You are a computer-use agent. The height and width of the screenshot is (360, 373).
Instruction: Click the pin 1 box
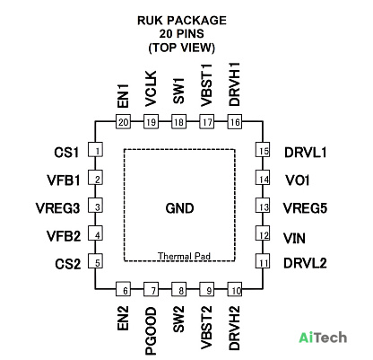pyautogui.click(x=95, y=150)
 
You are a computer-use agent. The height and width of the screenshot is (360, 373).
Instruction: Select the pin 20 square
pyautogui.click(x=124, y=121)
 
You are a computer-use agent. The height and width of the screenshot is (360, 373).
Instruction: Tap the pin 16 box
pyautogui.click(x=235, y=121)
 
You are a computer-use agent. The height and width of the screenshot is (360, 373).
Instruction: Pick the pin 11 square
pyautogui.click(x=263, y=261)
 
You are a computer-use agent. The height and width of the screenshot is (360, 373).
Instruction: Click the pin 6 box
pyautogui.click(x=124, y=289)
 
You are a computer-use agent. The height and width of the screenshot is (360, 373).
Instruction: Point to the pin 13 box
pyautogui.click(x=263, y=206)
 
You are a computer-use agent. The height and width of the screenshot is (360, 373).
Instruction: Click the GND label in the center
pyautogui.click(x=179, y=208)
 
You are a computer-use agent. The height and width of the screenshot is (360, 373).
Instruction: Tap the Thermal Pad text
pyautogui.click(x=184, y=256)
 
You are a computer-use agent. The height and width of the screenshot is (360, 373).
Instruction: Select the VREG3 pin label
pyautogui.click(x=57, y=208)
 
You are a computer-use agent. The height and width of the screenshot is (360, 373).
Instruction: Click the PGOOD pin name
pyautogui.click(x=151, y=330)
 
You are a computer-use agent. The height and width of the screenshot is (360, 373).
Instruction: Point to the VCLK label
pyautogui.click(x=151, y=89)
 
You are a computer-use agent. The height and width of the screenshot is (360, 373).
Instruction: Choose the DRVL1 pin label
pyautogui.click(x=305, y=153)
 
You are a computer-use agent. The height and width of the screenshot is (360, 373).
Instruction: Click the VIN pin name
pyautogui.click(x=294, y=239)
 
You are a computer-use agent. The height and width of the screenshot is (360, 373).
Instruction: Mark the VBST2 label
pyautogui.click(x=206, y=328)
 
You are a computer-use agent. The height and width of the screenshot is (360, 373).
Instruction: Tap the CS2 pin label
pyautogui.click(x=68, y=264)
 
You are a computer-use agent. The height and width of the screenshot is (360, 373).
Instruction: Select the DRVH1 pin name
pyautogui.click(x=235, y=84)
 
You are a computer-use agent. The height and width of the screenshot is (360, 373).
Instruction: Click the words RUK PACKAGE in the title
pyautogui.click(x=182, y=21)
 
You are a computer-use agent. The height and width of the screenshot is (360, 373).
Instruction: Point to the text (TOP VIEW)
pyautogui.click(x=182, y=48)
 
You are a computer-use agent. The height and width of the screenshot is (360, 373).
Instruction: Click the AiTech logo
pyautogui.click(x=323, y=338)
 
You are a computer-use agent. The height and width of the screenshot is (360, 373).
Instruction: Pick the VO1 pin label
pyautogui.click(x=297, y=180)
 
